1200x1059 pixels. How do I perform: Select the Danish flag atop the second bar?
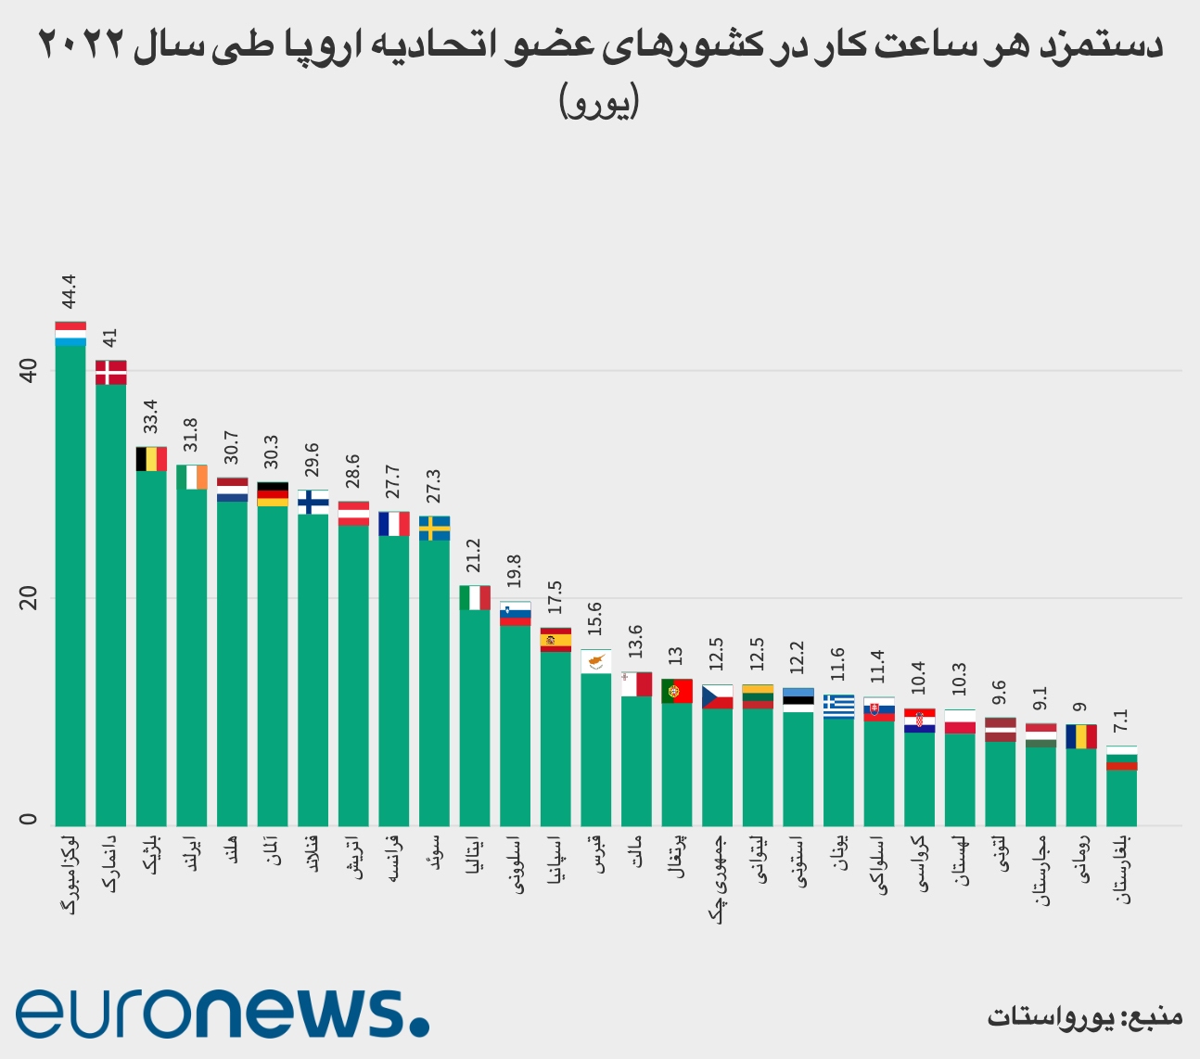click(x=111, y=372)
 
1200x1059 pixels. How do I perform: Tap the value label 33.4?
click(x=151, y=416)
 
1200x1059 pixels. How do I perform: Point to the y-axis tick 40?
click(x=28, y=372)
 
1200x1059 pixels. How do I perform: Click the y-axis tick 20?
click(x=28, y=599)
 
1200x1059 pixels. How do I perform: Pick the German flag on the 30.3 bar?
click(x=273, y=494)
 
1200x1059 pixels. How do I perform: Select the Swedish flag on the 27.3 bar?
click(x=434, y=528)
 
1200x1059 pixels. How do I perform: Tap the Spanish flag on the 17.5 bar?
click(x=555, y=640)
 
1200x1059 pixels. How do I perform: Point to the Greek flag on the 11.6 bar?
click(x=838, y=706)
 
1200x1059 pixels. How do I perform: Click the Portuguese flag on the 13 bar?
click(x=677, y=691)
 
